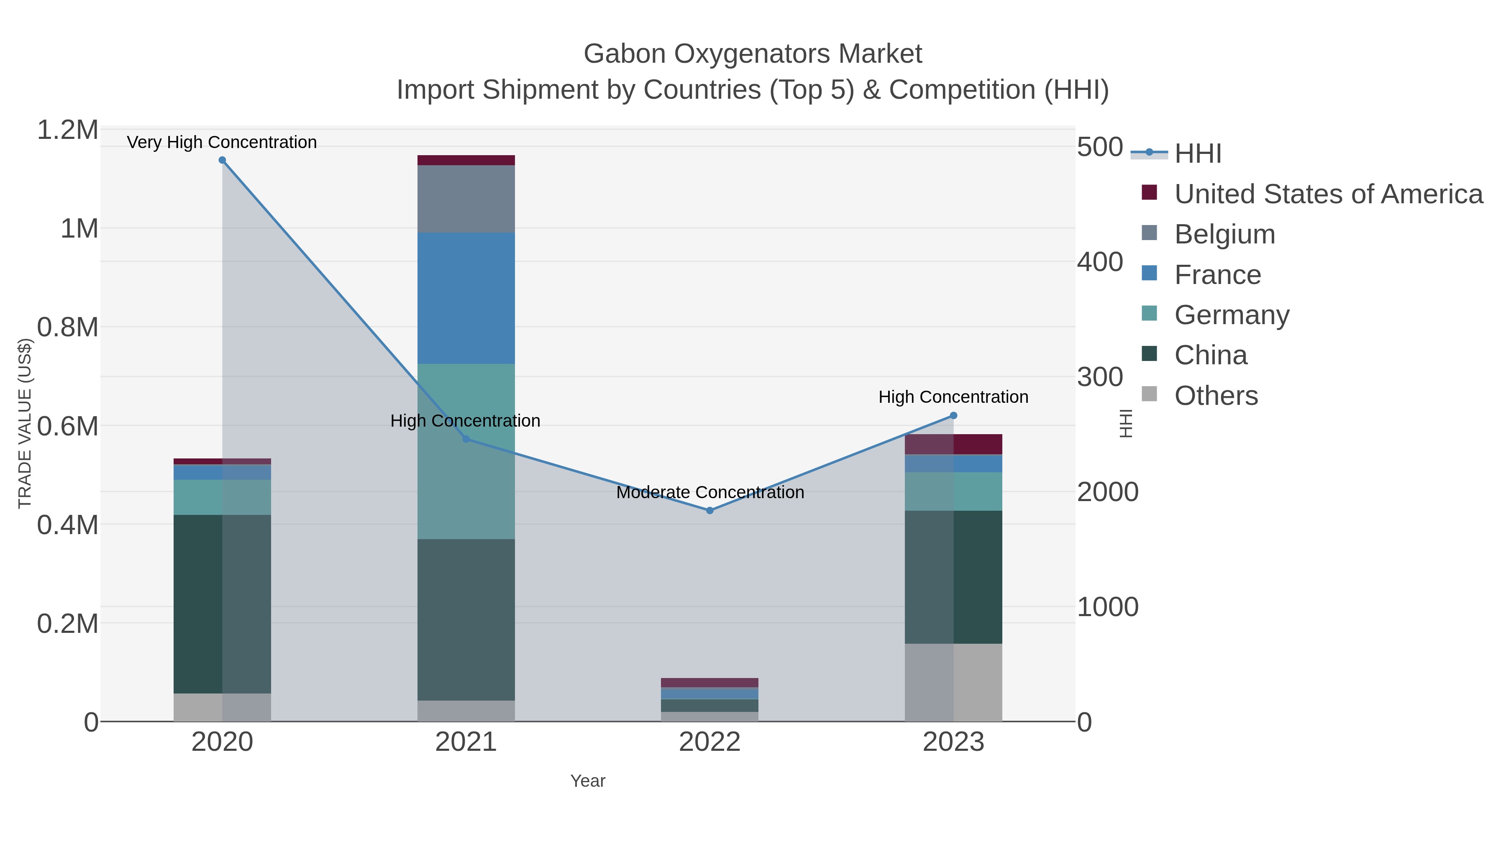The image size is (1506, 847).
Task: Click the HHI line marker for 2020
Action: [x=222, y=160]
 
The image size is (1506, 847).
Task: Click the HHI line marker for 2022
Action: [x=710, y=510]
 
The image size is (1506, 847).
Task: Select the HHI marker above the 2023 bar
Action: [x=953, y=416]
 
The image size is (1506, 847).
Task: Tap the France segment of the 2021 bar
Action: [x=466, y=298]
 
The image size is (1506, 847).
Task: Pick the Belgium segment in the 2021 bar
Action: [x=466, y=199]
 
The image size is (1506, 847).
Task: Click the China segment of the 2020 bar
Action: [x=222, y=604]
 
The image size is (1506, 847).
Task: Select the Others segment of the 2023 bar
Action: [x=953, y=682]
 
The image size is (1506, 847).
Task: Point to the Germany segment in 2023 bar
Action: [x=953, y=491]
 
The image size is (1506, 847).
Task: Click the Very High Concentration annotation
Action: [x=222, y=142]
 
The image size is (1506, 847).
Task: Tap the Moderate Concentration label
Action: [x=710, y=492]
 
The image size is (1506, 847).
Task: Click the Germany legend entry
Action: [x=1231, y=315]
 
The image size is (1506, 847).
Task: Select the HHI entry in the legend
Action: [x=1197, y=153]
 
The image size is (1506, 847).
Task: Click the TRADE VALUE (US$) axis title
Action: [x=25, y=423]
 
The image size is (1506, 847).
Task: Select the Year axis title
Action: [x=588, y=781]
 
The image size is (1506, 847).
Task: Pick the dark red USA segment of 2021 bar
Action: [x=466, y=160]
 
